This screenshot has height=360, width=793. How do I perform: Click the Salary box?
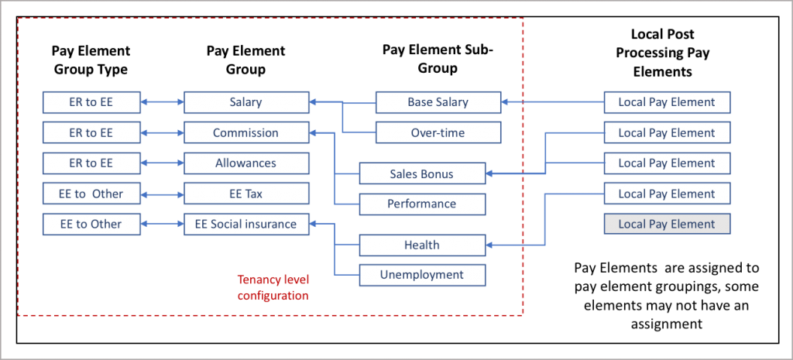tap(246, 102)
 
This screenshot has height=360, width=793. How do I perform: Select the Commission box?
tap(246, 133)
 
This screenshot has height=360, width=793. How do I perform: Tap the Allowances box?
tap(246, 163)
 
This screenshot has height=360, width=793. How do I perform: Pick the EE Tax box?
tap(246, 194)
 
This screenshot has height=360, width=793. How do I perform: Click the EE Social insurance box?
tap(246, 225)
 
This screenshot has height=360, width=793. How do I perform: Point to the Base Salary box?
tap(438, 102)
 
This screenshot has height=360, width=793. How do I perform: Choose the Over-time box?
tap(438, 133)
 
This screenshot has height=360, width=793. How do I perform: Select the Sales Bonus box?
tap(422, 174)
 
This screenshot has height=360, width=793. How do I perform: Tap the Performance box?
tap(422, 204)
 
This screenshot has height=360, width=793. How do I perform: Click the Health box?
tap(422, 245)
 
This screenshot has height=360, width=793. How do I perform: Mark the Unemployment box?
tap(422, 275)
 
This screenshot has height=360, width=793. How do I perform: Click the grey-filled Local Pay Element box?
tap(667, 225)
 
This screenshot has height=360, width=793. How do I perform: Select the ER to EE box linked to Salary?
tap(91, 102)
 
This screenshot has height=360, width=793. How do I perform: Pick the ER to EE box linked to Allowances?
tap(91, 163)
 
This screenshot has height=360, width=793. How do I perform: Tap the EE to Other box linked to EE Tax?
tap(91, 194)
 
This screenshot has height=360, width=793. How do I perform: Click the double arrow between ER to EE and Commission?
tap(162, 133)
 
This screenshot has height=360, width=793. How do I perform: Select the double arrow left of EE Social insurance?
tap(162, 225)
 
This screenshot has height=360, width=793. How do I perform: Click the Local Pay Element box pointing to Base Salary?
tap(667, 102)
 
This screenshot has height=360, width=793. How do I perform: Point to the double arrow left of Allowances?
tap(162, 163)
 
